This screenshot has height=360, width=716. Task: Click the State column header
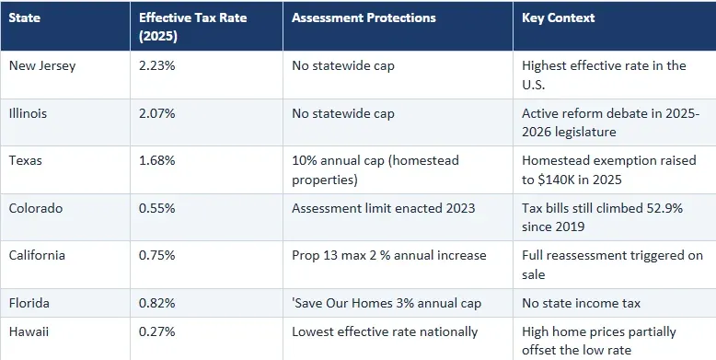tap(24, 17)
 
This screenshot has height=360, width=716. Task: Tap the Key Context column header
tap(558, 17)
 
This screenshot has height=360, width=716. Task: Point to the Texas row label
tap(24, 160)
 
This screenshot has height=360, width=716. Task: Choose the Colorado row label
tap(35, 208)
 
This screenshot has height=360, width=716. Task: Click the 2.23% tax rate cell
tap(157, 65)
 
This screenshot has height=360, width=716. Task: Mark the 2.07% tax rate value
tap(157, 113)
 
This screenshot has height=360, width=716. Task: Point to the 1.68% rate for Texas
tap(157, 160)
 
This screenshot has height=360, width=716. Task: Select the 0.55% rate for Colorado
tap(157, 208)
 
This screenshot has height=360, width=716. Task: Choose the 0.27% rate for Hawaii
tap(157, 331)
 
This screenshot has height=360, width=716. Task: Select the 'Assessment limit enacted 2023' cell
tap(383, 208)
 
